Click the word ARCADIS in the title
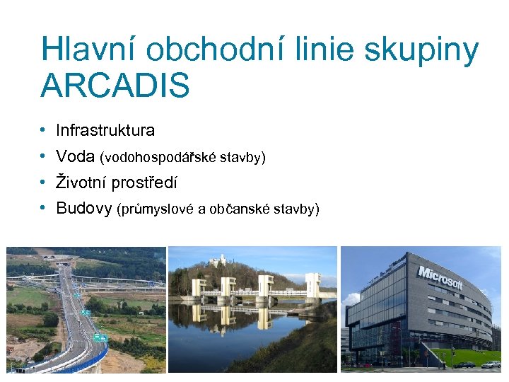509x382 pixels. (x=115, y=86)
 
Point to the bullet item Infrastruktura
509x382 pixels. (x=105, y=130)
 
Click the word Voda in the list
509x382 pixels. (x=76, y=156)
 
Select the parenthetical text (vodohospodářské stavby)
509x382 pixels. (x=183, y=157)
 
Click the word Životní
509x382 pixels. (x=81, y=183)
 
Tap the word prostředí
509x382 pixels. (x=144, y=183)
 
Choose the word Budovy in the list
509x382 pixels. (x=83, y=209)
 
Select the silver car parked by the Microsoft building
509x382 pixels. (x=491, y=364)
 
